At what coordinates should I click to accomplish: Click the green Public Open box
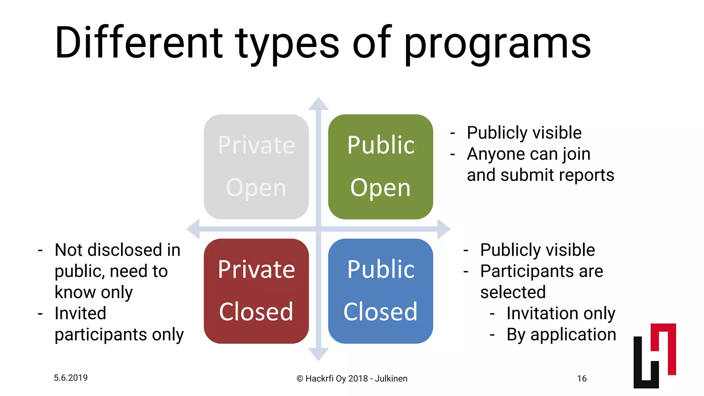(x=381, y=167)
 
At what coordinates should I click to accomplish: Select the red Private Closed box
(x=256, y=291)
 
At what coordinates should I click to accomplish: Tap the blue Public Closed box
(x=381, y=291)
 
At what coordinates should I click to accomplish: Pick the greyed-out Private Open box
(x=256, y=167)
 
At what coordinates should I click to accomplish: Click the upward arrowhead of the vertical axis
(x=318, y=104)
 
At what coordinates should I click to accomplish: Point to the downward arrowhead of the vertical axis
(x=318, y=354)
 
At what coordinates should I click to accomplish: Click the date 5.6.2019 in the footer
(x=71, y=378)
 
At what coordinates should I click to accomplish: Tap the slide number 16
(x=582, y=378)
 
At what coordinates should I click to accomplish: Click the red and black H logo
(x=654, y=356)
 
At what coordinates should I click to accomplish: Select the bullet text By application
(x=561, y=334)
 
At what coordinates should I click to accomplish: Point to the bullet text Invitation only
(x=561, y=313)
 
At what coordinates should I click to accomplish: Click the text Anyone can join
(x=528, y=154)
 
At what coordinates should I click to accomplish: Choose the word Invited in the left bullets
(x=80, y=313)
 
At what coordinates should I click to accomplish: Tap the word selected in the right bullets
(x=513, y=292)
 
